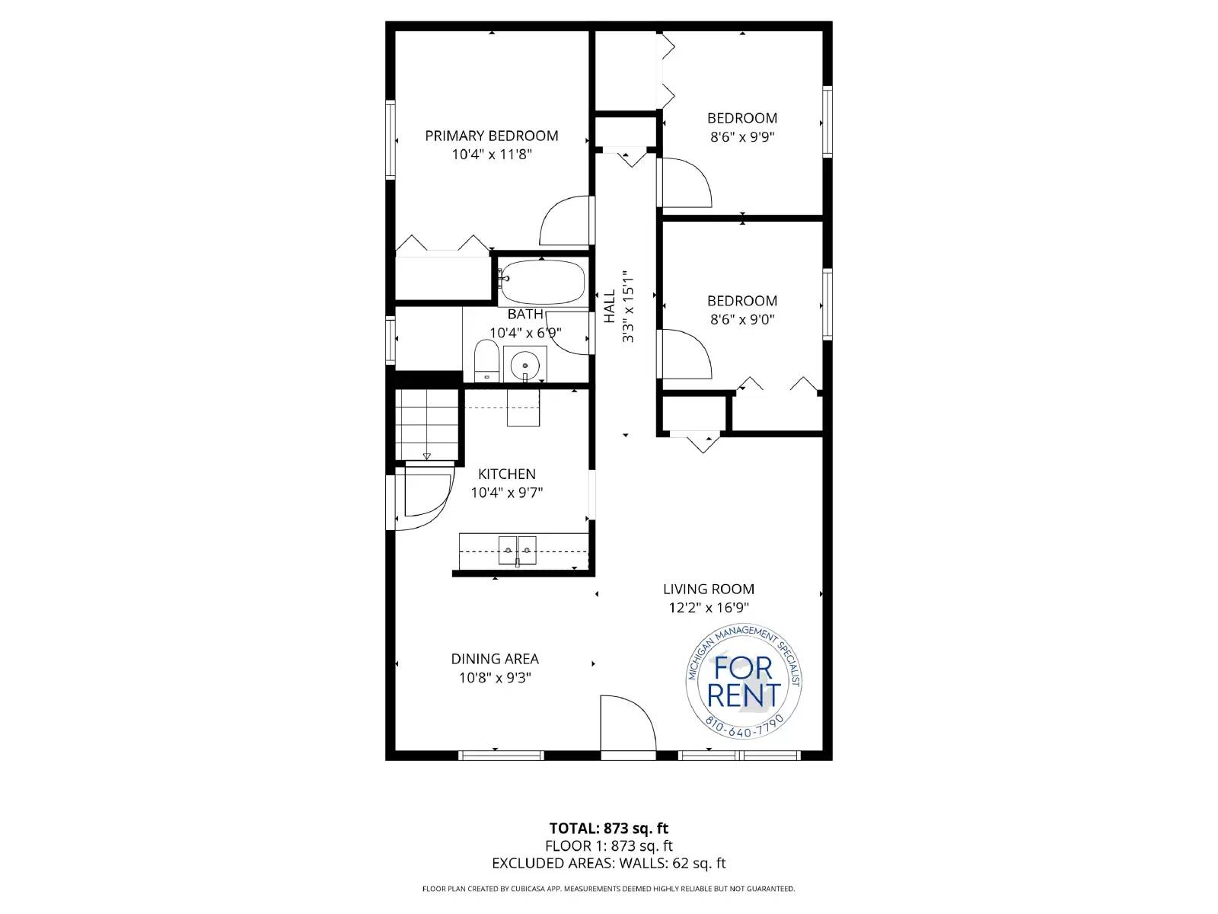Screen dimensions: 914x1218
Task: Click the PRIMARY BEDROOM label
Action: point(491,136)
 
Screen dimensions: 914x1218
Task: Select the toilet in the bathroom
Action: point(486,363)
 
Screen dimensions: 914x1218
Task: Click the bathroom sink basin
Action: point(525,365)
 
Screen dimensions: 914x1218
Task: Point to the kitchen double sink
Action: point(517,549)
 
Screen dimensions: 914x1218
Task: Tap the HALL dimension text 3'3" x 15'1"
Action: point(628,306)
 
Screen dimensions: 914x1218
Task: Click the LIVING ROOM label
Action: point(708,589)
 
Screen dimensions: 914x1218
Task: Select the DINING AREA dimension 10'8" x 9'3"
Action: point(495,678)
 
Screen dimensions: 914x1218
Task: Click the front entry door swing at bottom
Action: point(626,724)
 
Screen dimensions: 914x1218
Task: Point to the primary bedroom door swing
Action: point(565,222)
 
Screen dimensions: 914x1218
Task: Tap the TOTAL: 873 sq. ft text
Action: point(608,828)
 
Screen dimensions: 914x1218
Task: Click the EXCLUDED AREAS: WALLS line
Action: point(608,863)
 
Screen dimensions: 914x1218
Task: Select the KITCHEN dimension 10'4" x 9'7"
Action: point(506,493)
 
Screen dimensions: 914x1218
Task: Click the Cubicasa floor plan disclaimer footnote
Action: point(608,889)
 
